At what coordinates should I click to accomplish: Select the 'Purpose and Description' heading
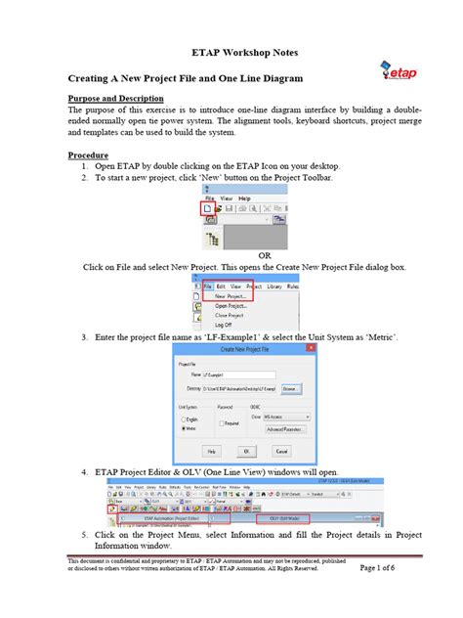(x=115, y=99)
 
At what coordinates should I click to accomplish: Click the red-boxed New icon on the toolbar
(x=207, y=208)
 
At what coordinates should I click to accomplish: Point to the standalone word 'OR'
(x=236, y=255)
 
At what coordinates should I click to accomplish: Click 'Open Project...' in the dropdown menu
(x=234, y=305)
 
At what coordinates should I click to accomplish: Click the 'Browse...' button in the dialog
(x=290, y=389)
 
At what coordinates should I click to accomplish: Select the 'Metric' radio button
(x=179, y=427)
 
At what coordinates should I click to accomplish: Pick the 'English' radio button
(x=179, y=418)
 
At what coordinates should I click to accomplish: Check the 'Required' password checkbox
(x=221, y=423)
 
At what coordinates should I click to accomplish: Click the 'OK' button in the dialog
(x=247, y=452)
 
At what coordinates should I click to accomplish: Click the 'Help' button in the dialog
(x=211, y=452)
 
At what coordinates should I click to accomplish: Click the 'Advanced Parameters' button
(x=286, y=428)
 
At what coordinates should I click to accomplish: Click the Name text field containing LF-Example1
(x=233, y=374)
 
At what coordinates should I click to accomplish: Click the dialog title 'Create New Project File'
(x=237, y=349)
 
